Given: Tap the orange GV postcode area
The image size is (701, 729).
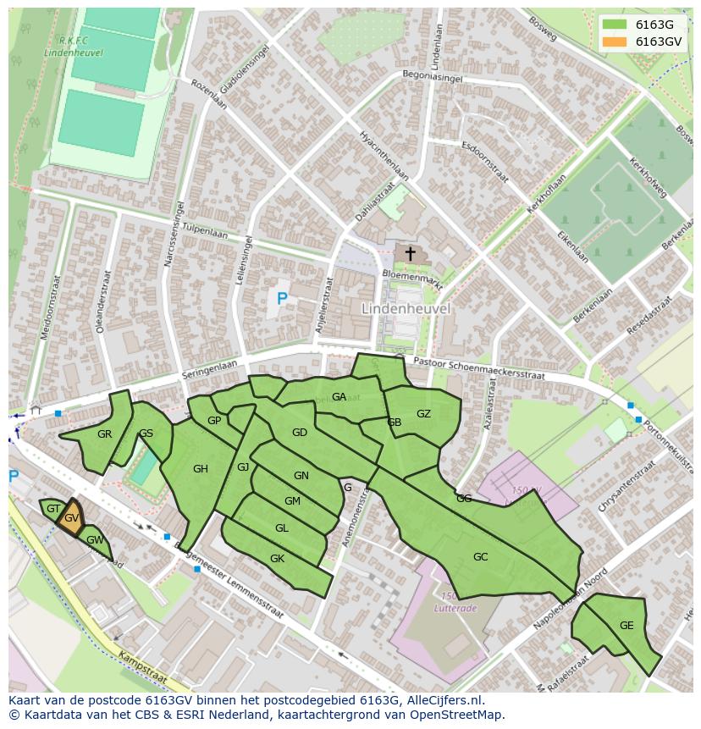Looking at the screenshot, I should (71, 518).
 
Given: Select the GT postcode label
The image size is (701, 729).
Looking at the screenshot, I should (53, 509).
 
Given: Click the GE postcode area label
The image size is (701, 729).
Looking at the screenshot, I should (626, 626).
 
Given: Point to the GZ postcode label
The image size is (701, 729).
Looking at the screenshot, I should (423, 413).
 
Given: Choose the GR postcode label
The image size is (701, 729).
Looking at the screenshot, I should (104, 434).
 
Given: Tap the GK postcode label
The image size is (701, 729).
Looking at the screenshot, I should (277, 559).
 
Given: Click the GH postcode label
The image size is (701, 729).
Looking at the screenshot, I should (200, 469).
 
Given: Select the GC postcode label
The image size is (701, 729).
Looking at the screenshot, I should (480, 556).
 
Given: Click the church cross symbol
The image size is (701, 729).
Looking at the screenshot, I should (410, 253).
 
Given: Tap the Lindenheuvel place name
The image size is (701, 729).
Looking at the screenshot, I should (406, 309).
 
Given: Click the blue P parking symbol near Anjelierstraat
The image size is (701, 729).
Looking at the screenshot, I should (282, 298).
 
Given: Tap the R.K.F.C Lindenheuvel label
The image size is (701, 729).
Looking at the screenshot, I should (72, 46).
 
